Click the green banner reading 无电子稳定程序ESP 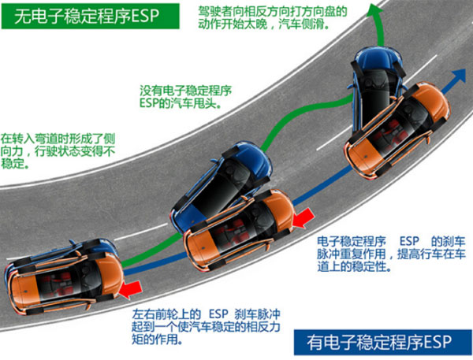[91, 16]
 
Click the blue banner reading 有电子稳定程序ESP [382, 342]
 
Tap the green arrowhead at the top [375, 9]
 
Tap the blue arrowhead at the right [458, 76]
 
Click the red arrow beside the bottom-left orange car [130, 289]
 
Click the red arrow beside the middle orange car [304, 218]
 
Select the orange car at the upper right [397, 130]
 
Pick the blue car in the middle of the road [222, 187]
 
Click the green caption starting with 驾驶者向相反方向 [273, 18]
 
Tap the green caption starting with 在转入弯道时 [58, 151]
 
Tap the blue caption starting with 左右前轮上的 [206, 327]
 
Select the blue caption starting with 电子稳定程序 [391, 254]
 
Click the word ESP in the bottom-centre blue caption [218, 314]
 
